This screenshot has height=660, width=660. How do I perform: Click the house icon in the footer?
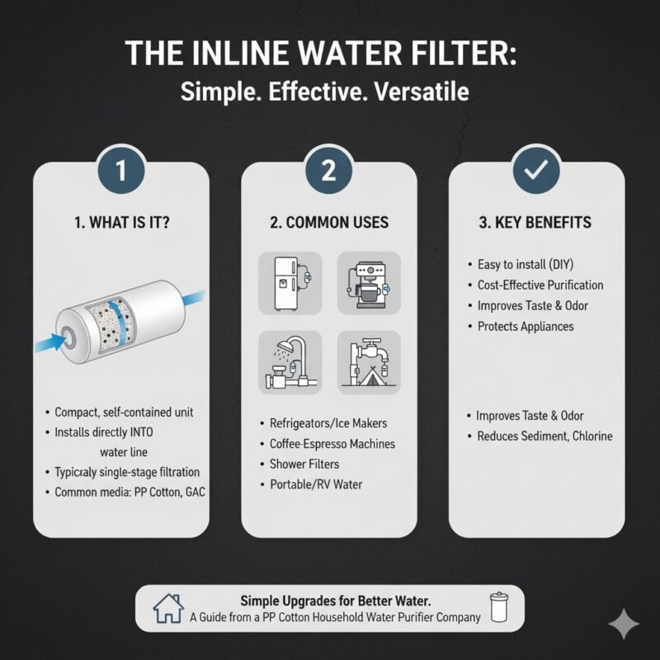tap(168, 609)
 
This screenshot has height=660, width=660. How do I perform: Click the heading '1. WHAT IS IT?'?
tap(120, 223)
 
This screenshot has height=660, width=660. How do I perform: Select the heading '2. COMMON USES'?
tap(328, 223)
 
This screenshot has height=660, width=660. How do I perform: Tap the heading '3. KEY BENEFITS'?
tap(536, 223)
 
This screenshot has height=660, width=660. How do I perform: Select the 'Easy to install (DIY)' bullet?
tap(526, 264)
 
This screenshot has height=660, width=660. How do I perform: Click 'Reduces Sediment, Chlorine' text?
tap(544, 436)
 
